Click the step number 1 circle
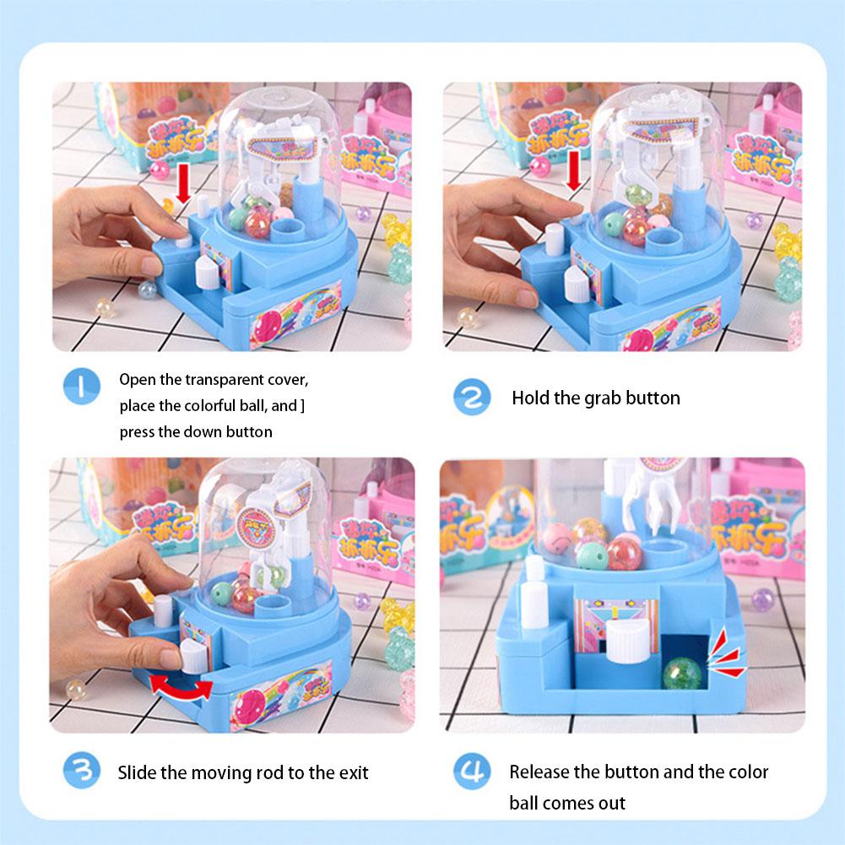82,387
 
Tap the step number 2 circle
473,397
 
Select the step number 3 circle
82,771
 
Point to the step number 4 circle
473,771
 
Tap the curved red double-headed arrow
181,685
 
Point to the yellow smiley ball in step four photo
558,537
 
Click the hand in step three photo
110,608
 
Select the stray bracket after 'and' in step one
303,406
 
